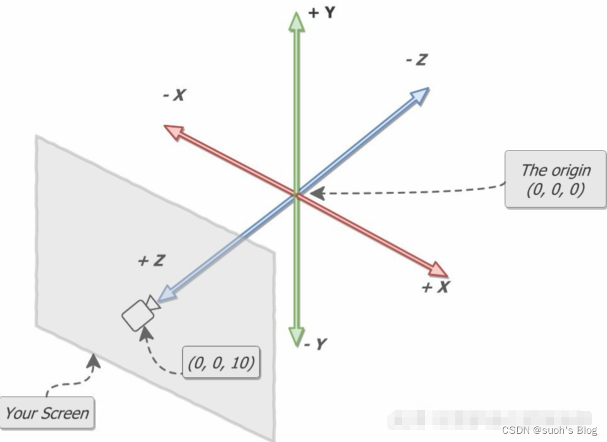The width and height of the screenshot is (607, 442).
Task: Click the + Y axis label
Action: pyautogui.click(x=321, y=13)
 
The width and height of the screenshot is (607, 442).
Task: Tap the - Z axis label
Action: pyautogui.click(x=416, y=60)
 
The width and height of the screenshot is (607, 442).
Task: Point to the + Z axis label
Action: pyautogui.click(x=151, y=260)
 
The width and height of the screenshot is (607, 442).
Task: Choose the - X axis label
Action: pyautogui.click(x=174, y=95)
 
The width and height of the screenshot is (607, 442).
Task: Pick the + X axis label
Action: pyautogui.click(x=435, y=287)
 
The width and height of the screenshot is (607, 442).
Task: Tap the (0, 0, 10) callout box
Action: pyautogui.click(x=221, y=362)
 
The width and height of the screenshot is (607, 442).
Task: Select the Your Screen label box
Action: pyautogui.click(x=47, y=414)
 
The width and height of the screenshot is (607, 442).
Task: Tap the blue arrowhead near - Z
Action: pyautogui.click(x=420, y=95)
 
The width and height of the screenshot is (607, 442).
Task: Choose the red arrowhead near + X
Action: pyautogui.click(x=437, y=270)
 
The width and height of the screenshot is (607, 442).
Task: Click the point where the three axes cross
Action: pyautogui.click(x=296, y=193)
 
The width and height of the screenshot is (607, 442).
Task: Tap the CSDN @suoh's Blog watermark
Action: pyautogui.click(x=549, y=430)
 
